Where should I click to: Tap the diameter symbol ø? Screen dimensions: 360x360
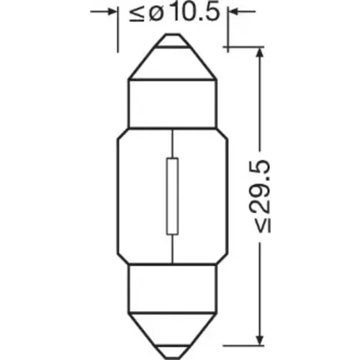[x=156, y=14]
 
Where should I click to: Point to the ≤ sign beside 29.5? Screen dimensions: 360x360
[x=262, y=225]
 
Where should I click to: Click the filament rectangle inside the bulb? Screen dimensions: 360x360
[x=172, y=196]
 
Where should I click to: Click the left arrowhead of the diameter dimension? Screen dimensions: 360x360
[x=112, y=12]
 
